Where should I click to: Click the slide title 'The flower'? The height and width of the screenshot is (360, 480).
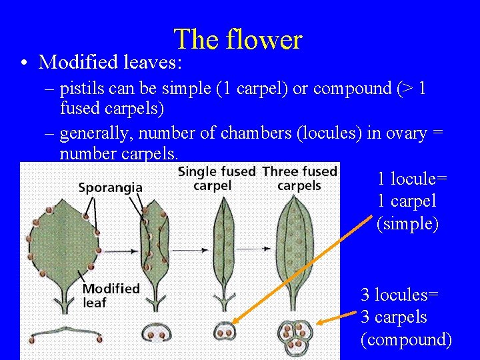(238, 40)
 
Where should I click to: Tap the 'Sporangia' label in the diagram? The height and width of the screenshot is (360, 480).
(110, 187)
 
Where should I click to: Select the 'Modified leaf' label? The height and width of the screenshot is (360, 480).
(111, 295)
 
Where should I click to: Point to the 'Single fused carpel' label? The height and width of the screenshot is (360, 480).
(217, 178)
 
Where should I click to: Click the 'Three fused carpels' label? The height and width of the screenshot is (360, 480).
(299, 178)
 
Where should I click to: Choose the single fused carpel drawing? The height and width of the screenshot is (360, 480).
(223, 247)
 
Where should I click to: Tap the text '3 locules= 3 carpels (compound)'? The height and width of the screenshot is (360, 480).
(405, 317)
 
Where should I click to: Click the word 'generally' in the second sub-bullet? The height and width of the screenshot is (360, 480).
(95, 133)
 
